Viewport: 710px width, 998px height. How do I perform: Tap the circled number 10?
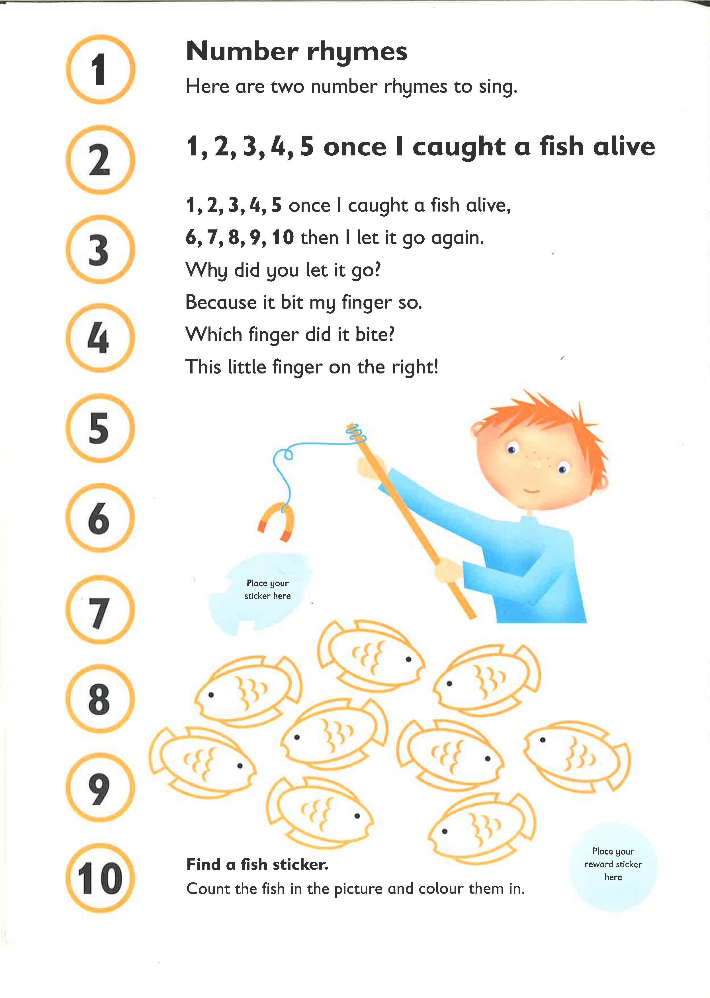pyautogui.click(x=100, y=878)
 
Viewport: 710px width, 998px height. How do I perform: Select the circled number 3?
pyautogui.click(x=100, y=249)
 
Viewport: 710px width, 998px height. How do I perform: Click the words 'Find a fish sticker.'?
pyautogui.click(x=257, y=864)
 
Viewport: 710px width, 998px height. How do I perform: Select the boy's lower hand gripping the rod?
pyautogui.click(x=448, y=572)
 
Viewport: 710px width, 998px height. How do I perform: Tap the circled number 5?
pyautogui.click(x=100, y=428)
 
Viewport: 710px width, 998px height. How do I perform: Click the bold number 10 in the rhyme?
pyautogui.click(x=283, y=238)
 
